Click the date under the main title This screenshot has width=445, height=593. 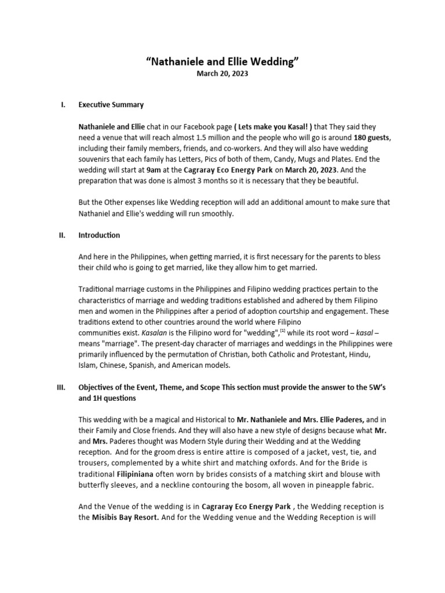point(222,74)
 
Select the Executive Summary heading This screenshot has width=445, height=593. point(111,105)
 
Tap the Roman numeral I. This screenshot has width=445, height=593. point(63,105)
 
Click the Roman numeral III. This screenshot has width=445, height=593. point(61,387)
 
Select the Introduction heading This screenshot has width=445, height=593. point(99,235)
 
